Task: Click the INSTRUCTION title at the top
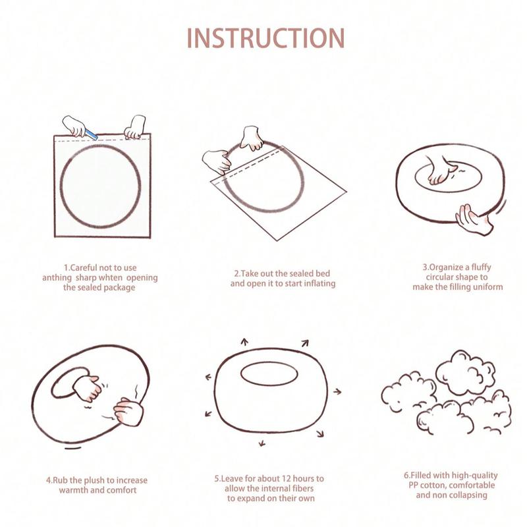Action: tap(265, 38)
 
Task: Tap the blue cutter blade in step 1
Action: tap(91, 134)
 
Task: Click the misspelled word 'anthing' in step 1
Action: tap(57, 278)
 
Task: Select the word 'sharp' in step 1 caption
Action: tap(87, 278)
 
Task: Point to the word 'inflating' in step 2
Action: tap(319, 284)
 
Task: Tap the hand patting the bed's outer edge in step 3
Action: tap(474, 219)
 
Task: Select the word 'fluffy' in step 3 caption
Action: tap(481, 267)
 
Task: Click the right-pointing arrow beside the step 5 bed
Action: tap(337, 391)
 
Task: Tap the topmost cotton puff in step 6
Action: tap(466, 370)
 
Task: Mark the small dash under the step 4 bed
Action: tap(73, 448)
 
